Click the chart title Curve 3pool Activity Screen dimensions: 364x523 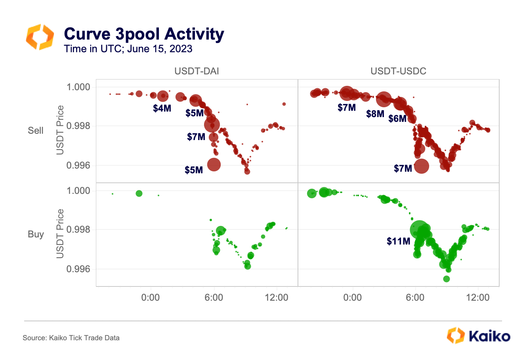point(144,34)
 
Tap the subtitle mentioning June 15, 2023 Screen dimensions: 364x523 point(128,49)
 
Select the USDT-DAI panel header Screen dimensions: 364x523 point(197,71)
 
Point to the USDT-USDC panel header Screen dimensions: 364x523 point(398,71)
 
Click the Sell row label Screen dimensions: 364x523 point(36,131)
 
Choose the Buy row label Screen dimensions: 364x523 point(36,234)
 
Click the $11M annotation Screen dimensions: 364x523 point(399,241)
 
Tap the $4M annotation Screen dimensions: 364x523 point(162,108)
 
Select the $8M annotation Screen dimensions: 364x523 point(375,114)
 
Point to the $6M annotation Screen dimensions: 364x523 point(397,119)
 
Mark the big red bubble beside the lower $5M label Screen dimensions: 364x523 point(214,165)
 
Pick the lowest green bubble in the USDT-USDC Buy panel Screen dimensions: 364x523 point(447,279)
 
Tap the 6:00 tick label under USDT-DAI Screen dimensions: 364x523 point(214,298)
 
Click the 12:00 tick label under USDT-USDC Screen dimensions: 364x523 point(478,298)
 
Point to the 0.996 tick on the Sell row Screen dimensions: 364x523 point(78,165)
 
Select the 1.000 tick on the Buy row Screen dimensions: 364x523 point(78,191)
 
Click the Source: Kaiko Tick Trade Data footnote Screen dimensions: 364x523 point(71,338)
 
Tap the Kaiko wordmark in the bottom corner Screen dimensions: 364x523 point(490,336)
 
